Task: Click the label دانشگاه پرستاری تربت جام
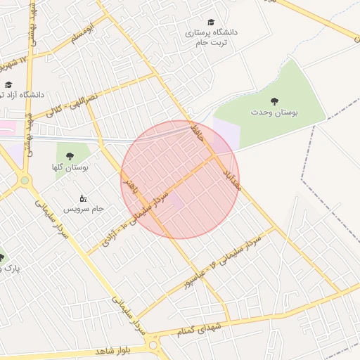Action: tap(211, 37)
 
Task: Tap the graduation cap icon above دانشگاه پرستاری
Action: tap(210, 22)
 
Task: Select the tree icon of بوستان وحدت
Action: tap(274, 101)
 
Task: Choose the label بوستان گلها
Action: tap(69, 167)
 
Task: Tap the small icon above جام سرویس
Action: tap(83, 198)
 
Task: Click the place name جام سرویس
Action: tap(84, 209)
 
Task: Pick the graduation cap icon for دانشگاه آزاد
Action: tap(8, 84)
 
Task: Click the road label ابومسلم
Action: tap(78, 34)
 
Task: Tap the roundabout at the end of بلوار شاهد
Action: tap(153, 345)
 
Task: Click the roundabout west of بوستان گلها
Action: tap(25, 181)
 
